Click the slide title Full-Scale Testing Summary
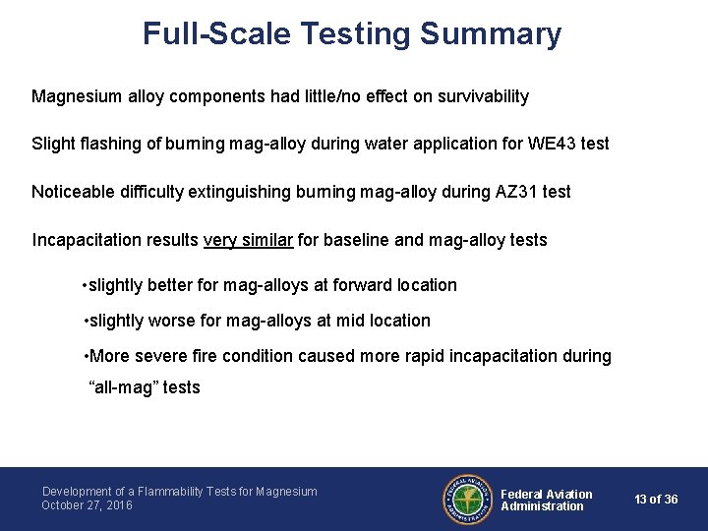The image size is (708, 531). click(x=352, y=33)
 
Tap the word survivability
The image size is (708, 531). click(x=481, y=96)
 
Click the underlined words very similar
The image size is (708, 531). click(x=248, y=240)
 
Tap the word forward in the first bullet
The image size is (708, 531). click(x=364, y=285)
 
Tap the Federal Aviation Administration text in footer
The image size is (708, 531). click(x=547, y=500)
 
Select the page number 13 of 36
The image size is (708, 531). click(x=656, y=500)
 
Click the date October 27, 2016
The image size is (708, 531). click(x=87, y=505)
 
